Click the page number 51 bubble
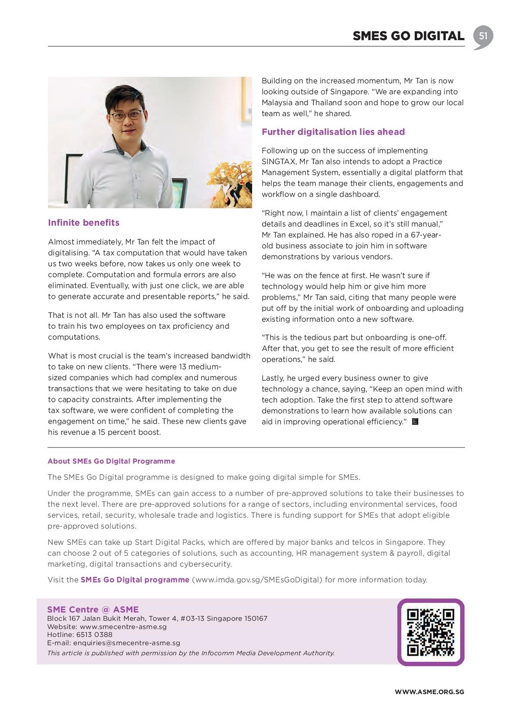click(x=483, y=36)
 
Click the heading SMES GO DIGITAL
click(x=408, y=36)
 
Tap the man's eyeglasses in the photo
click(x=126, y=116)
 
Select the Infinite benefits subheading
click(x=84, y=223)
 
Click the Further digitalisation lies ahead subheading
click(x=333, y=132)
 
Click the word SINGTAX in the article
click(x=279, y=162)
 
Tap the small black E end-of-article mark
click(x=415, y=422)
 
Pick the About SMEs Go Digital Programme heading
click(x=111, y=461)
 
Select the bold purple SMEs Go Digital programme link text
click(x=135, y=580)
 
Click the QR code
click(x=431, y=632)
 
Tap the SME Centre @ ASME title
click(x=93, y=609)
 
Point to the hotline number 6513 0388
click(x=94, y=635)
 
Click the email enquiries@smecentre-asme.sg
click(x=126, y=643)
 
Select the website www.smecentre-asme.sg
click(x=123, y=626)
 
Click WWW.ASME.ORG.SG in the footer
click(x=429, y=692)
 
